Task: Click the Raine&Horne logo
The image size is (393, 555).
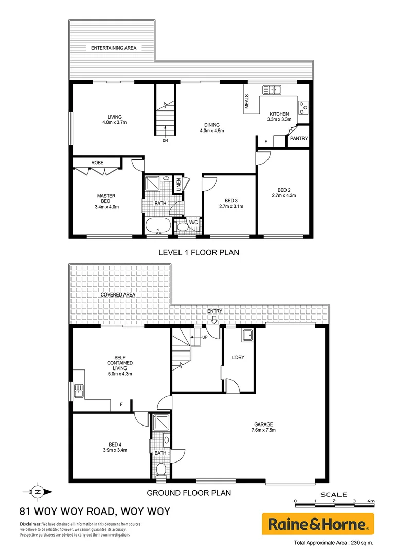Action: coord(318,525)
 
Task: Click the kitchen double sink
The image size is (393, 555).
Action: coord(272,90)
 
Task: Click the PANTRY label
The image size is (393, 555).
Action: coord(298,138)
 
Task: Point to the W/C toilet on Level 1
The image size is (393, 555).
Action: coord(182,226)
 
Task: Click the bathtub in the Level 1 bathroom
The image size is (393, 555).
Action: coord(158,225)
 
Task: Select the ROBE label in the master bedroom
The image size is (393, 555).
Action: coord(97,162)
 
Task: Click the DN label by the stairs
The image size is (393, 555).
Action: coord(165,140)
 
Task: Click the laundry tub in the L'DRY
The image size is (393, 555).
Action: coord(247,335)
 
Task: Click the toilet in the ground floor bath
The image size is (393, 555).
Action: coord(161,469)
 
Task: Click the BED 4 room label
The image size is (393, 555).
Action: coord(115,443)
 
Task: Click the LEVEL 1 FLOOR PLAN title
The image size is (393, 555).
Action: coord(198,252)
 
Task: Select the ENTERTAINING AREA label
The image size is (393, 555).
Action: coord(114,48)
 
